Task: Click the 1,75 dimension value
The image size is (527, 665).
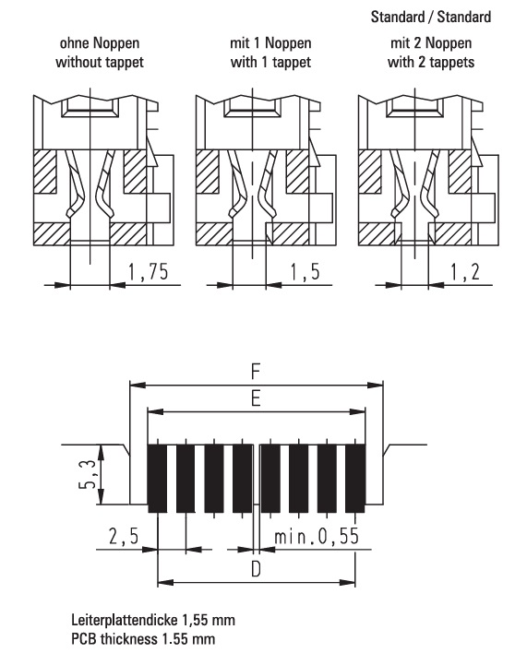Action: [148, 272]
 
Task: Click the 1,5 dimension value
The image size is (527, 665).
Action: [305, 272]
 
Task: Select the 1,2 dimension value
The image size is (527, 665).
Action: [464, 272]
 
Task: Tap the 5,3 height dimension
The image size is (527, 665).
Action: [88, 474]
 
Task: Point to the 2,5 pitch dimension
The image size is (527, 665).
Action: [124, 536]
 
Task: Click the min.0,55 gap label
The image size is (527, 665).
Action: [317, 536]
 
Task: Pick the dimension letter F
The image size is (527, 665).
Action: [255, 372]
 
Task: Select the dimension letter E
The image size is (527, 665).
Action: [256, 398]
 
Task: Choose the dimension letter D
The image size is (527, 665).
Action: [256, 569]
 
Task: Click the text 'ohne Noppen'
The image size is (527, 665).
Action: [100, 43]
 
